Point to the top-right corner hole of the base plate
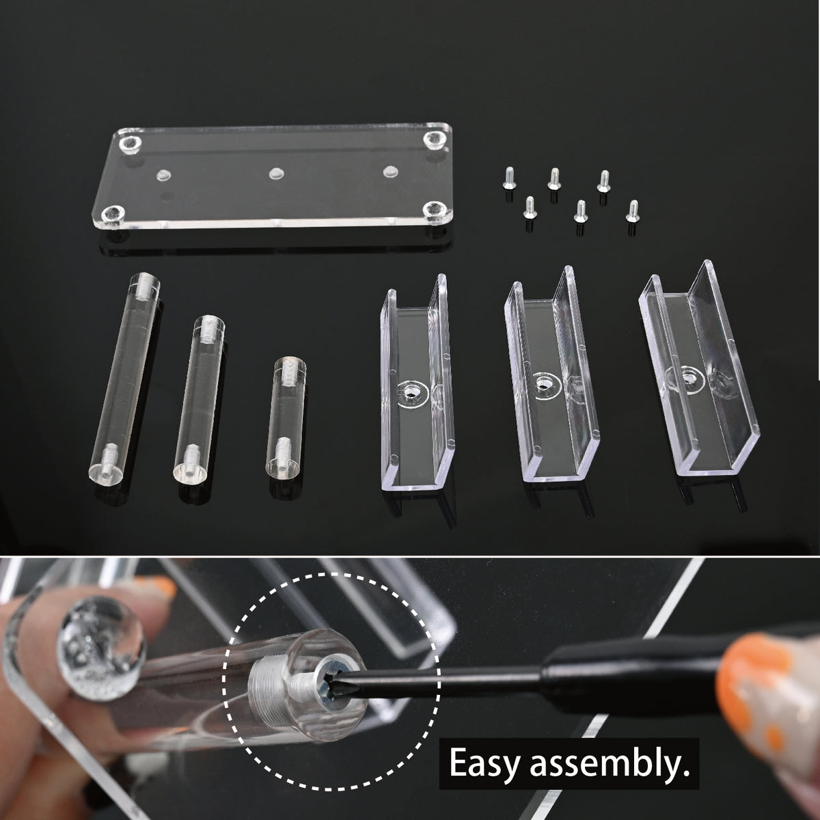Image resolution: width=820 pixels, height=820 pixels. pyautogui.click(x=434, y=138)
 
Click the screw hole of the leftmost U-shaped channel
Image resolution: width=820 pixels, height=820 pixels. pyautogui.click(x=411, y=391)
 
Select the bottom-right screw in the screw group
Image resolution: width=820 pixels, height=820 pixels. pyautogui.click(x=633, y=211)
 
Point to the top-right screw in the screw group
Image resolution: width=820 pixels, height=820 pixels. pyautogui.click(x=603, y=181)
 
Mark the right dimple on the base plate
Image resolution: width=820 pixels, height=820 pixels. pyautogui.click(x=389, y=171)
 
